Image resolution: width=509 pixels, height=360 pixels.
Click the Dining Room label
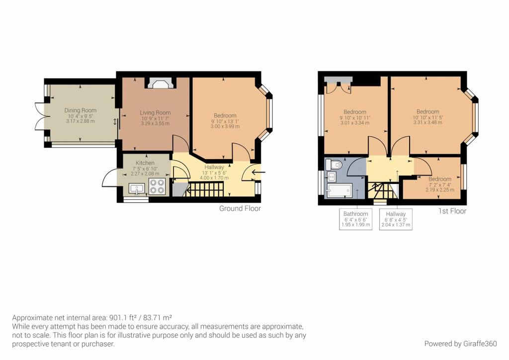80,110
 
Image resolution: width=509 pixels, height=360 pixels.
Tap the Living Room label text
155,113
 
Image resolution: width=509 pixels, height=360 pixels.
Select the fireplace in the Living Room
160,84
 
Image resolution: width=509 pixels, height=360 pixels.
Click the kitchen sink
136,188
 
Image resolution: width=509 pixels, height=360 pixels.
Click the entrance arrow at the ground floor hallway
258,173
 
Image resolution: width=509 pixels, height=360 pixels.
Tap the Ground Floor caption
240,208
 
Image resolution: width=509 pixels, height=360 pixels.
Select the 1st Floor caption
452,211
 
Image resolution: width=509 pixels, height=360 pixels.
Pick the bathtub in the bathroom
339,191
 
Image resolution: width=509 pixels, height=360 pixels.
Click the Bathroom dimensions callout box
356,219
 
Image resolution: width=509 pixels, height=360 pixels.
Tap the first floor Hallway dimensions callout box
396,219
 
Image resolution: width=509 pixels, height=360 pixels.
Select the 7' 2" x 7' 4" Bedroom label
440,179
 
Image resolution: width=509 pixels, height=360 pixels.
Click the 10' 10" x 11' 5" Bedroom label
427,112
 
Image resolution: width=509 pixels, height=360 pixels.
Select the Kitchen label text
145,163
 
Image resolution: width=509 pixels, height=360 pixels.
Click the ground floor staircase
204,189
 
